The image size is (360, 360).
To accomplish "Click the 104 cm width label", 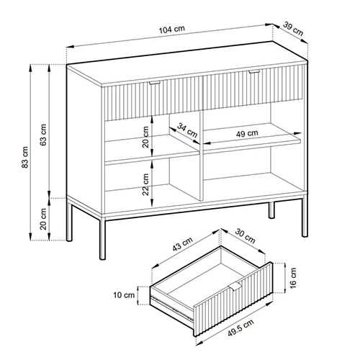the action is (172, 30).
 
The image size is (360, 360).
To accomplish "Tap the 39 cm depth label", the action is (293, 29).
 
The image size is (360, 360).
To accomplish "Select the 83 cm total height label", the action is (25, 157).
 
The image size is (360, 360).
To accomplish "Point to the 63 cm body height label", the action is (43, 135).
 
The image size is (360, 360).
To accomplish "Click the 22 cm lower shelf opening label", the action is (145, 184).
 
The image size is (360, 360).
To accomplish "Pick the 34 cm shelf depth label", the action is (187, 130).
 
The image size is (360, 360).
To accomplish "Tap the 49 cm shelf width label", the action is (247, 133).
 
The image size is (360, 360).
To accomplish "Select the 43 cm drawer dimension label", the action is (183, 244).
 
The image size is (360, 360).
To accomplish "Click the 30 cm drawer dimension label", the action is (245, 236).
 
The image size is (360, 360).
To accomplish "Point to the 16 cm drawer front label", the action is (293, 278).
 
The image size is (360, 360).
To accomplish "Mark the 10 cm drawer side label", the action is (124, 295).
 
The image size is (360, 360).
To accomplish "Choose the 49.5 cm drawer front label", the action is (240, 328).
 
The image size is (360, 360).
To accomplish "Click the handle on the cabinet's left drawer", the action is (154, 83).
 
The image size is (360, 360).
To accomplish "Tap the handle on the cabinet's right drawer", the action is (254, 71).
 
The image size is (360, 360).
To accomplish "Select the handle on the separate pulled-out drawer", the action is (235, 287).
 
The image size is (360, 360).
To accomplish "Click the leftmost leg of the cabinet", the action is (69, 222).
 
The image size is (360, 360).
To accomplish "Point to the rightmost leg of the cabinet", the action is (305, 217).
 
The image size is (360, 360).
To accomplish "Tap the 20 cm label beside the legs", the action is (43, 219).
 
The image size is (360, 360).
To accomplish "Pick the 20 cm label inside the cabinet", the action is (145, 137).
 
